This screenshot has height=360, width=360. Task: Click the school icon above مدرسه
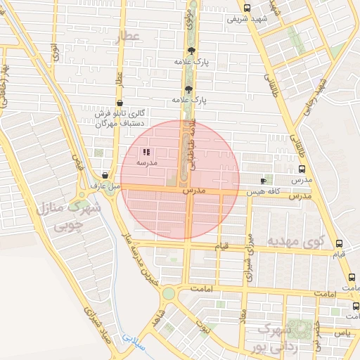[146, 152]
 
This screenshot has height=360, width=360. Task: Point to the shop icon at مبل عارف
[105, 176]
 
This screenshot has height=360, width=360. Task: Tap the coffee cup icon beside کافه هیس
[264, 181]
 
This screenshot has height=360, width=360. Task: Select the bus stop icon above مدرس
[302, 169]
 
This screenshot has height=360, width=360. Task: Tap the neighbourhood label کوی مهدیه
[296, 241]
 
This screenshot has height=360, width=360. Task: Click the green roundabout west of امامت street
[168, 293]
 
